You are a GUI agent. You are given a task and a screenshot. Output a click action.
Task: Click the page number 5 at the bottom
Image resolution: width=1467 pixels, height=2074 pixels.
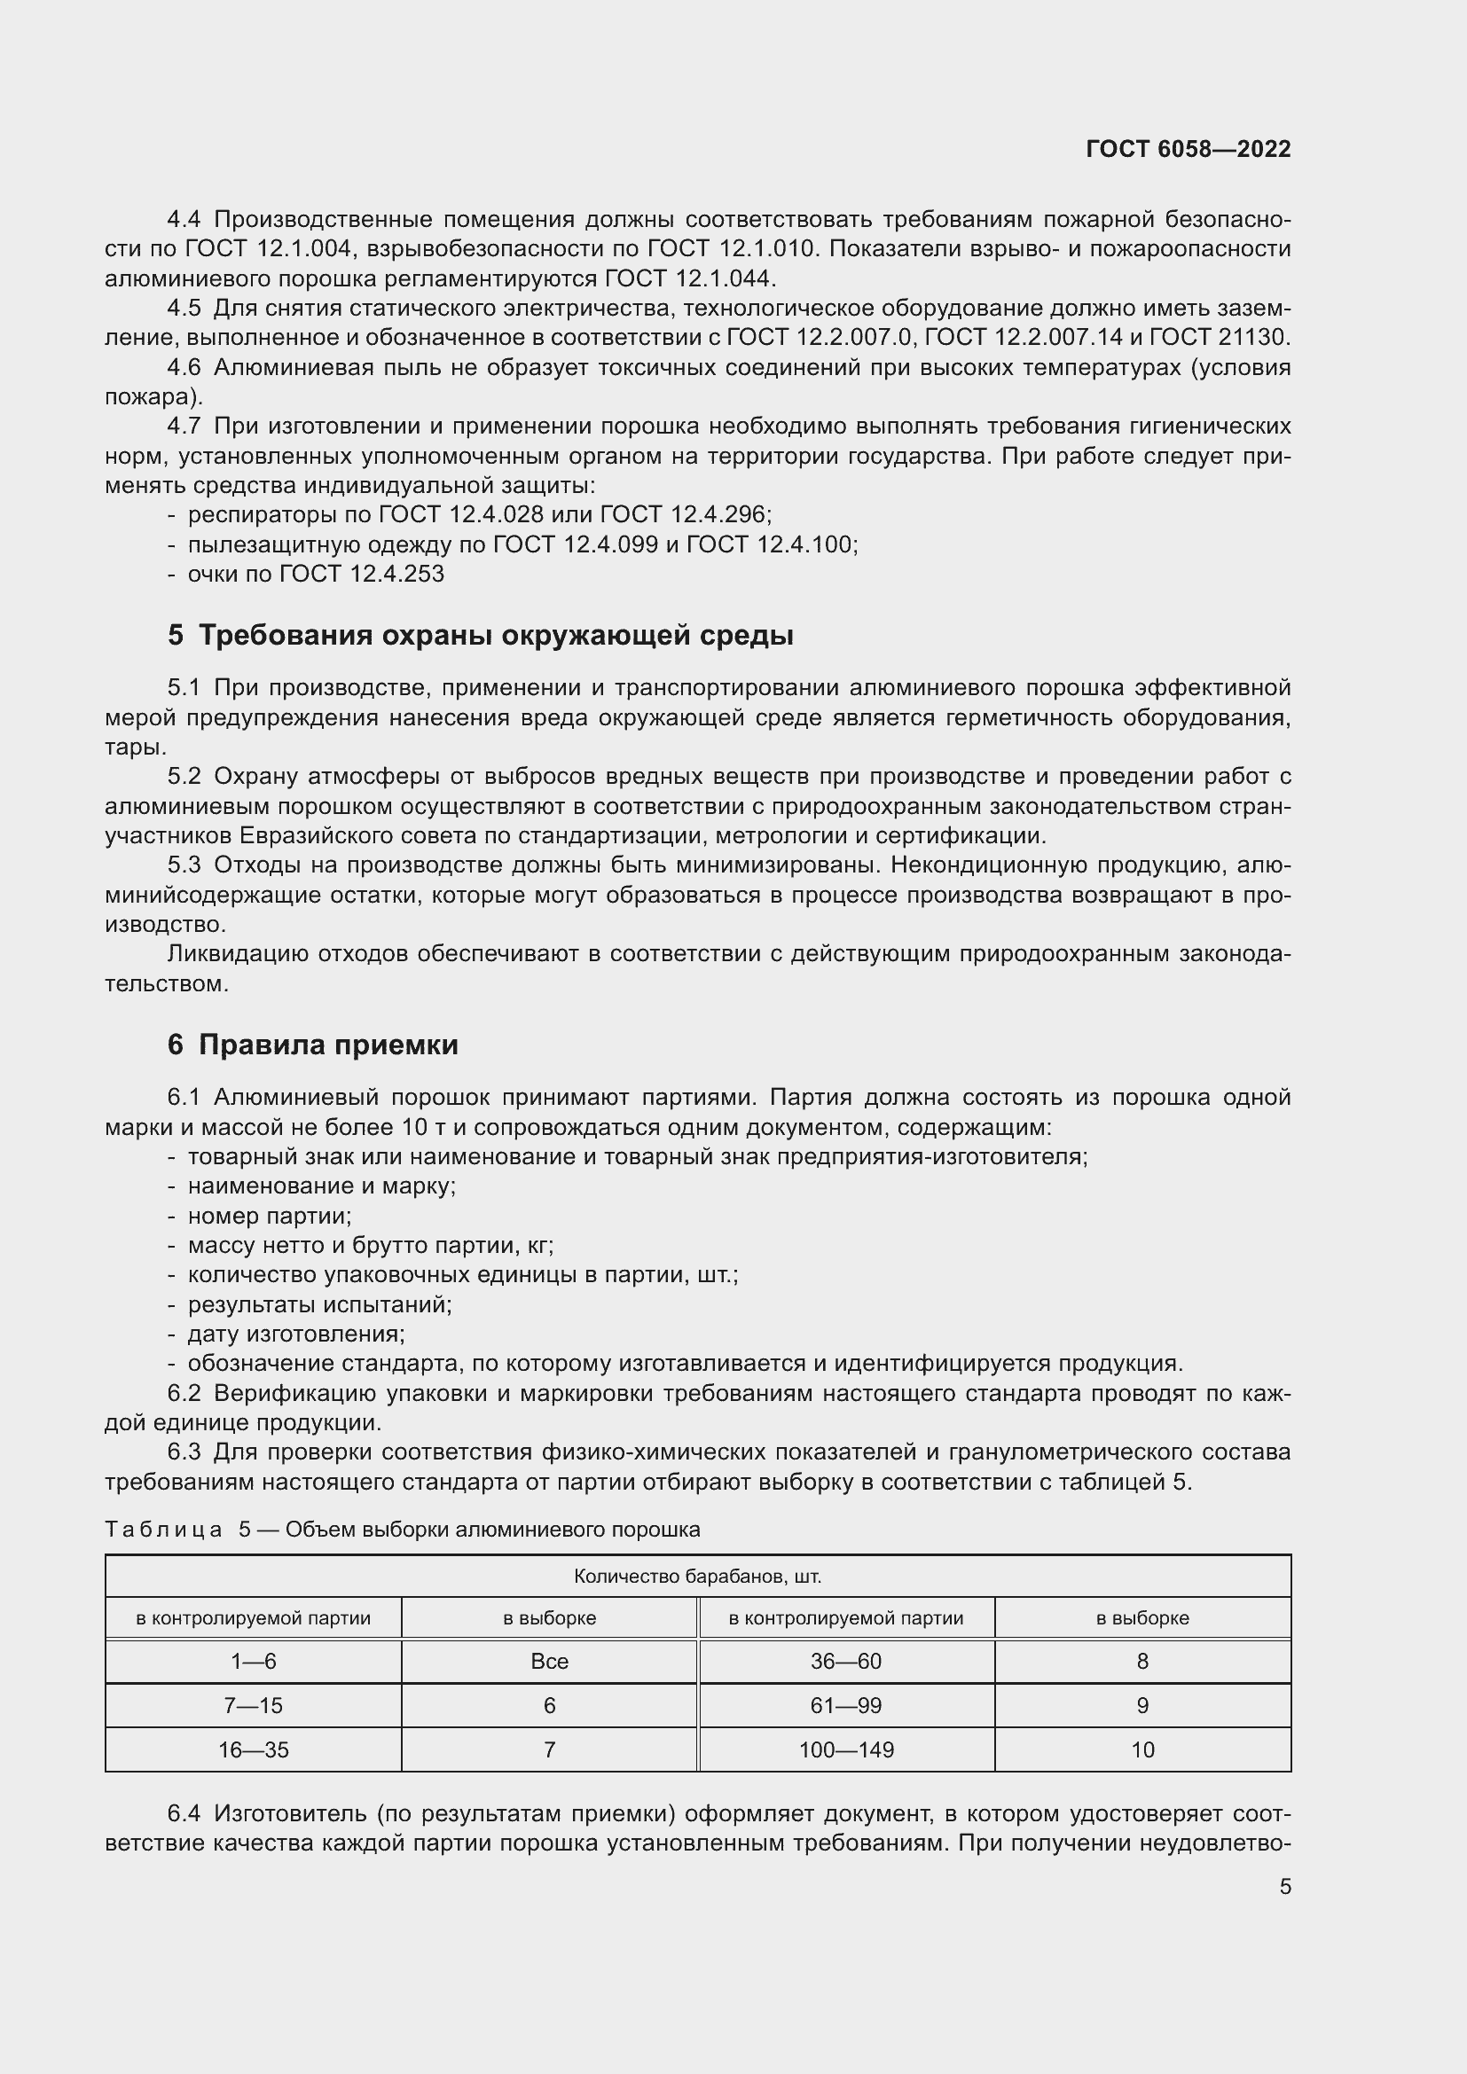point(1284,1886)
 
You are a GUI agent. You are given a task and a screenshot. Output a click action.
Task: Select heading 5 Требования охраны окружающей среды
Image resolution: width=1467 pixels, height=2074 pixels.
point(480,635)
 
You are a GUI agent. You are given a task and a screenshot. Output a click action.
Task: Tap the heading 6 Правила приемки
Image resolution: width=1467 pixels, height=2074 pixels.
point(312,1045)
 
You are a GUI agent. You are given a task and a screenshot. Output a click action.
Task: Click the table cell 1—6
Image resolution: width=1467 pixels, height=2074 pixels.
point(253,1661)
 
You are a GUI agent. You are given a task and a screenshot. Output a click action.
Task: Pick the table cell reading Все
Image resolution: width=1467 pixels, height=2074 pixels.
point(549,1661)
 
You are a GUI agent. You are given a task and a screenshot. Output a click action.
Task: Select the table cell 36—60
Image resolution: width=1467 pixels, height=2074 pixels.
point(845,1661)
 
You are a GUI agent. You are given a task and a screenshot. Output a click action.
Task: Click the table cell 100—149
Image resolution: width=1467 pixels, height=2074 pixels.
point(845,1749)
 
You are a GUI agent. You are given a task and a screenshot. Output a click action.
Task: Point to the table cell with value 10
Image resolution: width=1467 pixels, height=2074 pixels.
point(1141,1749)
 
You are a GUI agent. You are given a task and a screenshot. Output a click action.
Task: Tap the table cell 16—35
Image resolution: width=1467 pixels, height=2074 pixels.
point(253,1749)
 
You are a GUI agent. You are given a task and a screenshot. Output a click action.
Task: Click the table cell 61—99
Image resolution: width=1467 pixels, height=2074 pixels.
point(845,1705)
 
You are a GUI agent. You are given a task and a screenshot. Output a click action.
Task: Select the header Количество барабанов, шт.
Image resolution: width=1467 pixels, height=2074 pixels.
point(697,1577)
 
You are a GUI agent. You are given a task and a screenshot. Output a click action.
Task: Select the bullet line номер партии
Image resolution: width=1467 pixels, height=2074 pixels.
point(270,1216)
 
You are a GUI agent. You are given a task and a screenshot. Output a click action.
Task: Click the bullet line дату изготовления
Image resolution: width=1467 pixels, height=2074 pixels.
point(295,1334)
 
